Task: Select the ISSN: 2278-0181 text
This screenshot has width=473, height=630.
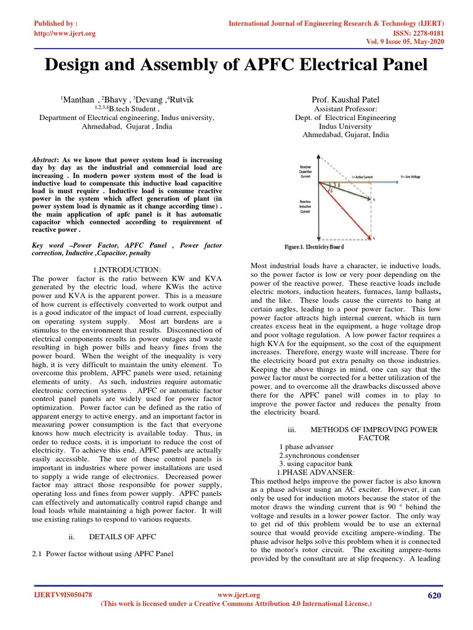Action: pyautogui.click(x=413, y=33)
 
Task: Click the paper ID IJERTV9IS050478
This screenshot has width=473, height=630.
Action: pyautogui.click(x=63, y=595)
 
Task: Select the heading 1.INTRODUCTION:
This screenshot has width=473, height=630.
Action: pyautogui.click(x=127, y=270)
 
